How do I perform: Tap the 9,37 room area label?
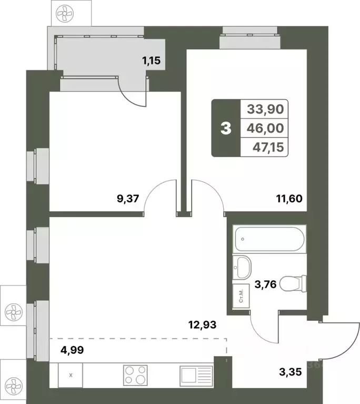pos(127,199)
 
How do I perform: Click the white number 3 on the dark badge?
pos(226,129)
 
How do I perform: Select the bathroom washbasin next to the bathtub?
pos(243,267)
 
